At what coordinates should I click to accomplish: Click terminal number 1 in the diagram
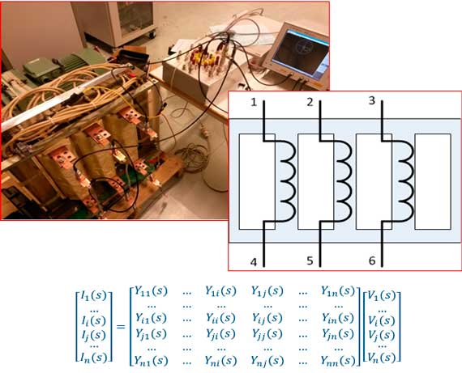tap(254, 103)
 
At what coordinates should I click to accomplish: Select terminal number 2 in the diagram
tap(310, 103)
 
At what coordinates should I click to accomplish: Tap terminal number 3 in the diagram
tap(372, 100)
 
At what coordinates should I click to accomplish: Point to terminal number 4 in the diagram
tap(254, 262)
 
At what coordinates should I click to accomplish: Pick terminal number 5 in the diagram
tap(310, 261)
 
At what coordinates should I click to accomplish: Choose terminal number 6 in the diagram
tap(372, 261)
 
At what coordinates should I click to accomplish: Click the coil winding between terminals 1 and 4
tap(287, 181)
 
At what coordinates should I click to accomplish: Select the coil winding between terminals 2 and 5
tap(344, 181)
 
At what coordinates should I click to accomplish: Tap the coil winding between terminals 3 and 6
tap(404, 181)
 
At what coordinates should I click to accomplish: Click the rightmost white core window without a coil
tap(433, 181)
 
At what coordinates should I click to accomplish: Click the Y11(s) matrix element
tap(151, 291)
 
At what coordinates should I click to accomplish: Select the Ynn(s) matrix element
tap(338, 361)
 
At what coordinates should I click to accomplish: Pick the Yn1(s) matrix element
tap(151, 361)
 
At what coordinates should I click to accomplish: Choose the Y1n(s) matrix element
tap(338, 291)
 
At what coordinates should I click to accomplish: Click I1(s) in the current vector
tap(94, 296)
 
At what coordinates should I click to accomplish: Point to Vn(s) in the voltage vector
tap(382, 358)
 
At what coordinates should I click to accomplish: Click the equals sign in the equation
tap(121, 327)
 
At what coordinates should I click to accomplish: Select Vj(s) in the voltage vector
tap(382, 335)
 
